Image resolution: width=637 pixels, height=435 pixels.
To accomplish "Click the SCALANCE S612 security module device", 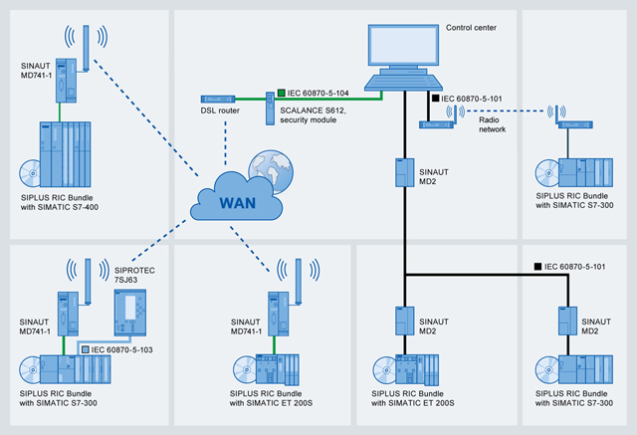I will tap(269, 107).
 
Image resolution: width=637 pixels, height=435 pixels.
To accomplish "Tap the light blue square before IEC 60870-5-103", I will tap(85, 350).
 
